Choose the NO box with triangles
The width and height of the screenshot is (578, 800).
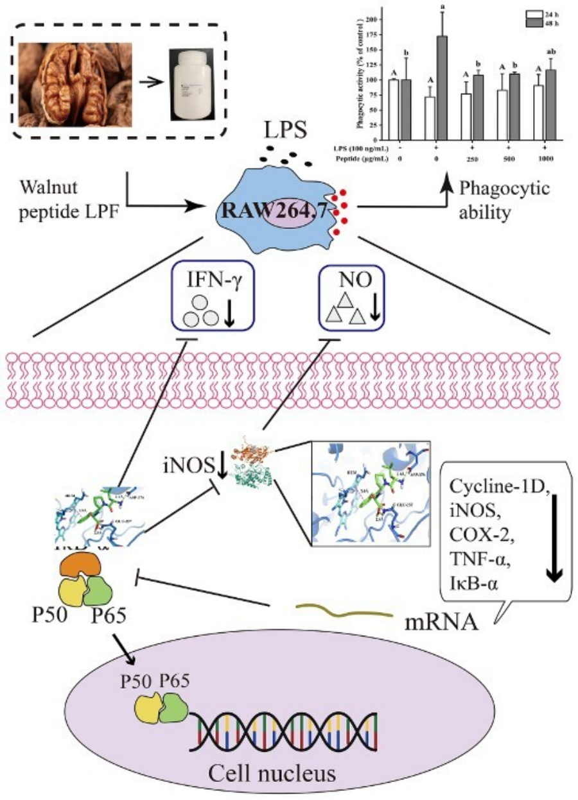coord(352,298)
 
